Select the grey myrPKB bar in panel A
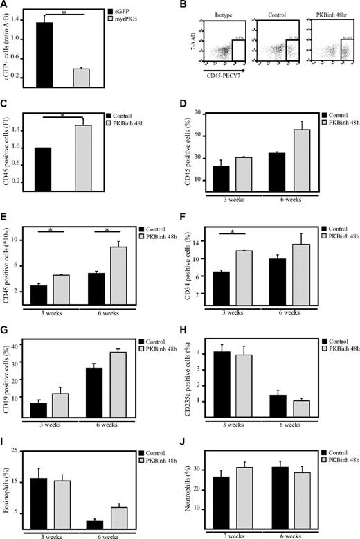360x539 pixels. tap(81, 78)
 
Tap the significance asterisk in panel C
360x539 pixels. tap(62, 116)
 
